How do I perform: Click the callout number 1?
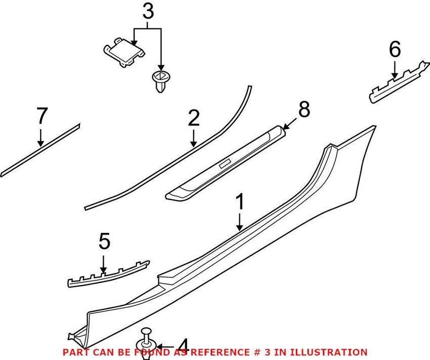[x=240, y=203]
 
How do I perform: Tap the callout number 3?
[x=147, y=12]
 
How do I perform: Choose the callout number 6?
[x=395, y=50]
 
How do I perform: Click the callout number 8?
[x=303, y=110]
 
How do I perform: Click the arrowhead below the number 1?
[x=240, y=228]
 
